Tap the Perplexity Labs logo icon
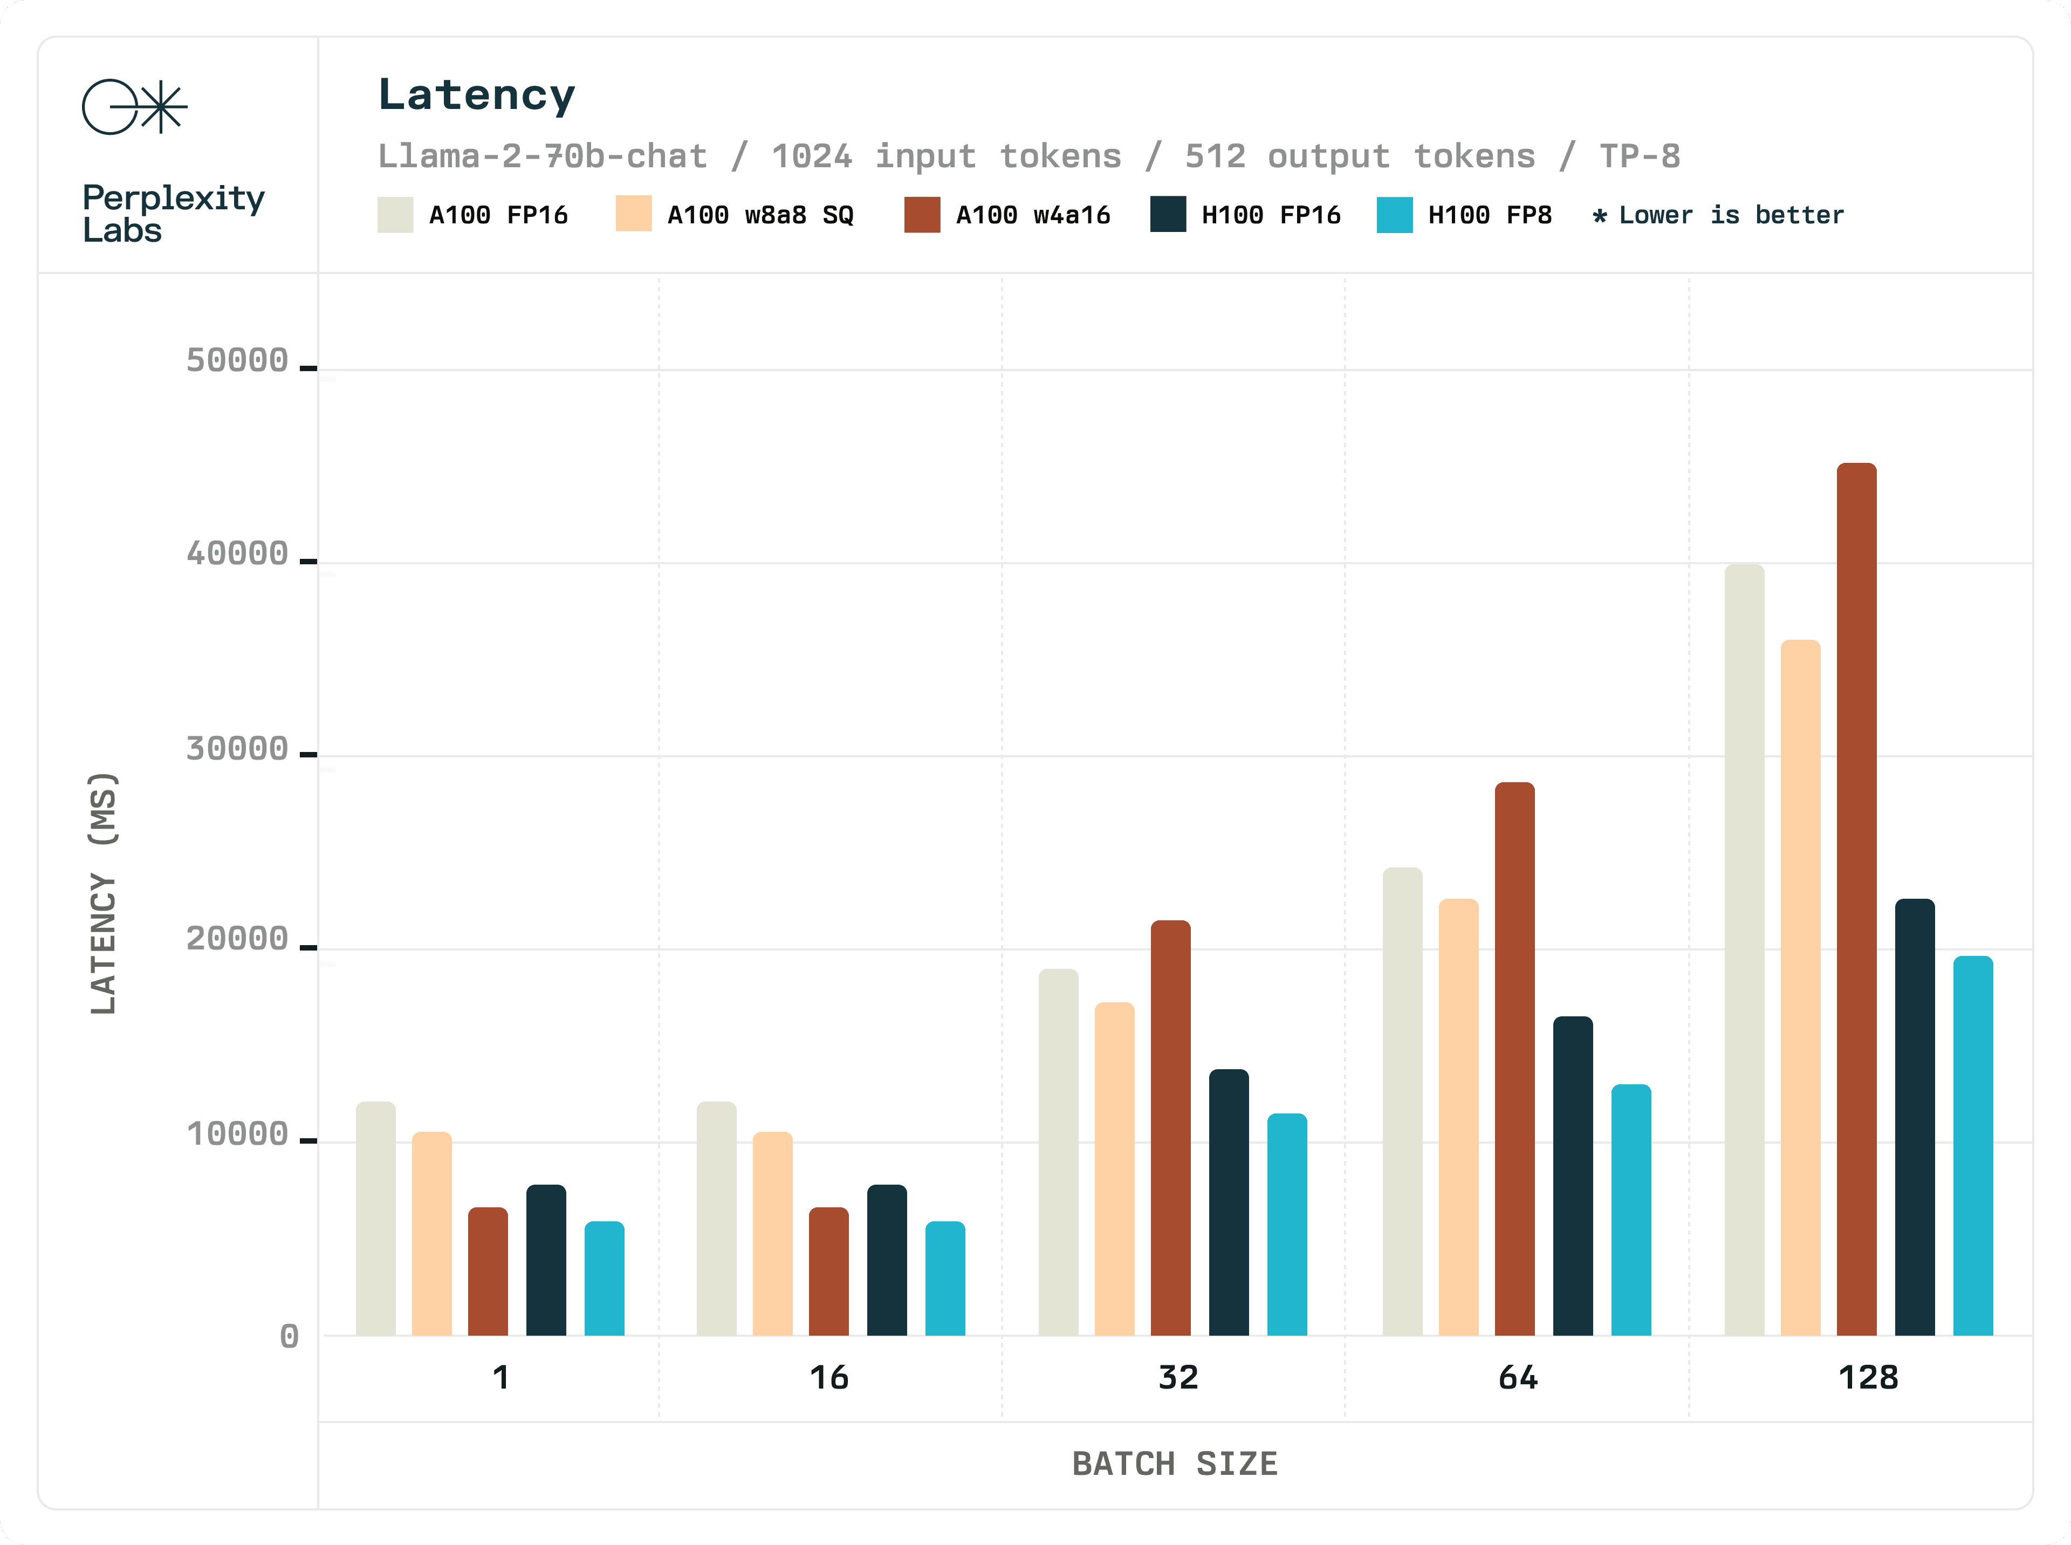pos(135,107)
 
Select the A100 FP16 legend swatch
pos(395,215)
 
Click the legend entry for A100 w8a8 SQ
pos(759,215)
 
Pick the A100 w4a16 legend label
pos(1032,215)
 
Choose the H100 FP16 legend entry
pos(1270,215)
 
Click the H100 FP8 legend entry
pos(1489,215)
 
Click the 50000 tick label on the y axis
pos(237,360)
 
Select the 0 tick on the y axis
pos(289,1336)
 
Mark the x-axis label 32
pos(1177,1378)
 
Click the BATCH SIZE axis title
pos(1174,1464)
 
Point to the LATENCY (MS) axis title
pos(103,893)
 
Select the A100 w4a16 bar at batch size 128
pos(1856,898)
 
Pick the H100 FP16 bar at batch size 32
pos(1229,1202)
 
